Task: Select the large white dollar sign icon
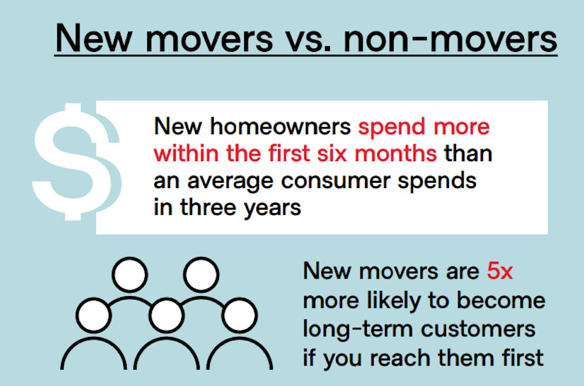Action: [x=77, y=161]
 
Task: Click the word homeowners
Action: [x=280, y=126]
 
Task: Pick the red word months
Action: [x=395, y=154]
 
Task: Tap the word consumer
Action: [x=336, y=181]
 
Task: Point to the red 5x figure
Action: [x=500, y=271]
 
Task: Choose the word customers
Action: [x=478, y=329]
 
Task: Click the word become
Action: [x=501, y=300]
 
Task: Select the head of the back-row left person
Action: [x=130, y=274]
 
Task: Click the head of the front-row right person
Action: [x=239, y=315]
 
